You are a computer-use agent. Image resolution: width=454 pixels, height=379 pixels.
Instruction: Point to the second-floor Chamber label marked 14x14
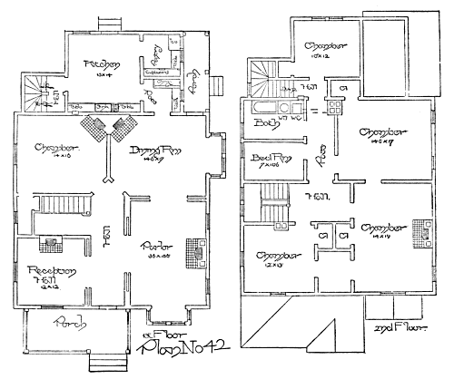pos(381,228)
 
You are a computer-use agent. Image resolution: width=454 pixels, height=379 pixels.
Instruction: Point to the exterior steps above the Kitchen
pos(109,23)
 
